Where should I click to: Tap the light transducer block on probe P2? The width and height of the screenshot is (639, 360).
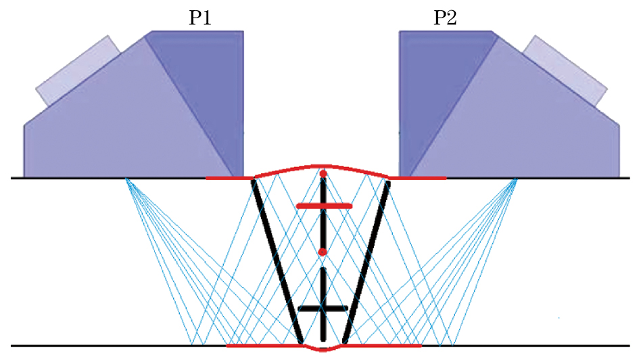565,72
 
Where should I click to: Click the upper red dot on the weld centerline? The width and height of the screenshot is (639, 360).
323,175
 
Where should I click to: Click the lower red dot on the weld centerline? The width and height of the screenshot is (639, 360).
323,252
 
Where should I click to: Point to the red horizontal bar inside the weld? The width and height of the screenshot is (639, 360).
324,205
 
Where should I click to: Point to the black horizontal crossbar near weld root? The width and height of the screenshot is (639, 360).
323,309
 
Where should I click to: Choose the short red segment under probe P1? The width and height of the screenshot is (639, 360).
229,178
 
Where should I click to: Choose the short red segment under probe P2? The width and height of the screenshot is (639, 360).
418,178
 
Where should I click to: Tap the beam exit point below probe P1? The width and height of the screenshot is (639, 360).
126,178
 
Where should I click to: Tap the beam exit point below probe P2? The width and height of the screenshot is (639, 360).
517,178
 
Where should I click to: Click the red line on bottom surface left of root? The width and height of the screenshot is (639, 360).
264,345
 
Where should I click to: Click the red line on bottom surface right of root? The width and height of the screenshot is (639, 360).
382,345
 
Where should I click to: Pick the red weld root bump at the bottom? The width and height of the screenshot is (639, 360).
323,348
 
